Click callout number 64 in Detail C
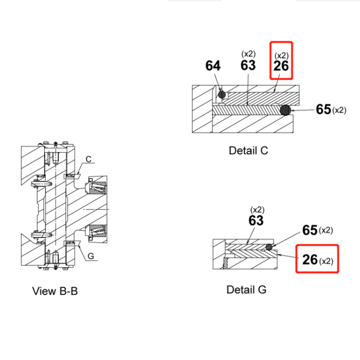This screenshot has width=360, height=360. click(x=213, y=66)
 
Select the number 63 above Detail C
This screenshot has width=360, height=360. click(x=248, y=65)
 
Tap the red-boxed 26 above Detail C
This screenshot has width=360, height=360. click(x=281, y=66)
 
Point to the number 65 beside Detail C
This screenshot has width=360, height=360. click(x=323, y=110)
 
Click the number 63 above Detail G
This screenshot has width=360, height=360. click(x=256, y=221)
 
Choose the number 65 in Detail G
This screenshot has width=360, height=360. click(x=310, y=230)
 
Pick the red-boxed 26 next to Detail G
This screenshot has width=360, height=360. click(x=310, y=260)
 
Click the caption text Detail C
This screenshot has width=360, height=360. click(x=248, y=151)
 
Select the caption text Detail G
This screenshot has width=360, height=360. click(x=246, y=290)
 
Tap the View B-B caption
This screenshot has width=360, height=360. click(x=55, y=291)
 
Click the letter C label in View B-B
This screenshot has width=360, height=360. click(x=88, y=159)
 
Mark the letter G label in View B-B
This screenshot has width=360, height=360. click(x=90, y=256)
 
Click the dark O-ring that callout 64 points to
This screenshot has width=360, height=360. click(x=222, y=95)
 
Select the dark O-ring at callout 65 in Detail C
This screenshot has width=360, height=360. click(x=285, y=110)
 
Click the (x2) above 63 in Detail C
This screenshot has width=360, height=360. click(x=248, y=53)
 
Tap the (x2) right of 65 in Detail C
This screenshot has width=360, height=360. click(x=339, y=110)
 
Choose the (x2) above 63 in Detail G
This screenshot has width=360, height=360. click(x=257, y=209)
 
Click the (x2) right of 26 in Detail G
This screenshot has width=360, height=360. click(x=327, y=261)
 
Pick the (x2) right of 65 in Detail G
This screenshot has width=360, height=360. click(x=326, y=230)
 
